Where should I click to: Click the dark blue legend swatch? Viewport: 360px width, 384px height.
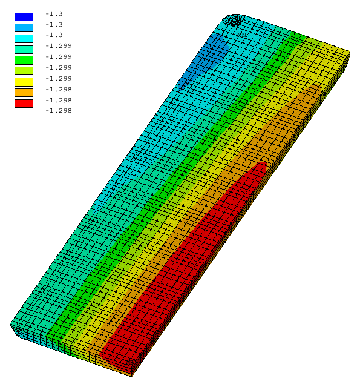[24, 17]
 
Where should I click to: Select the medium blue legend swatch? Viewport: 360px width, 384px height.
[24, 28]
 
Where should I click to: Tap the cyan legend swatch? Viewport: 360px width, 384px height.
[24, 39]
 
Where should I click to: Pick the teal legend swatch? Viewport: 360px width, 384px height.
[24, 50]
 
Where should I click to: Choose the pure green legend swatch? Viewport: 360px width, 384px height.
[24, 60]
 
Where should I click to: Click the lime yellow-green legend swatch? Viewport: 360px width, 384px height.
[24, 71]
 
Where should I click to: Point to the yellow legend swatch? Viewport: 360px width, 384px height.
[24, 82]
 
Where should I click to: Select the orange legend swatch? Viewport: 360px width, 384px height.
[24, 93]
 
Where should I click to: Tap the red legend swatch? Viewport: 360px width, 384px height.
[24, 104]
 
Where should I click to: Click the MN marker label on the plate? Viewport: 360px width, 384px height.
[242, 35]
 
